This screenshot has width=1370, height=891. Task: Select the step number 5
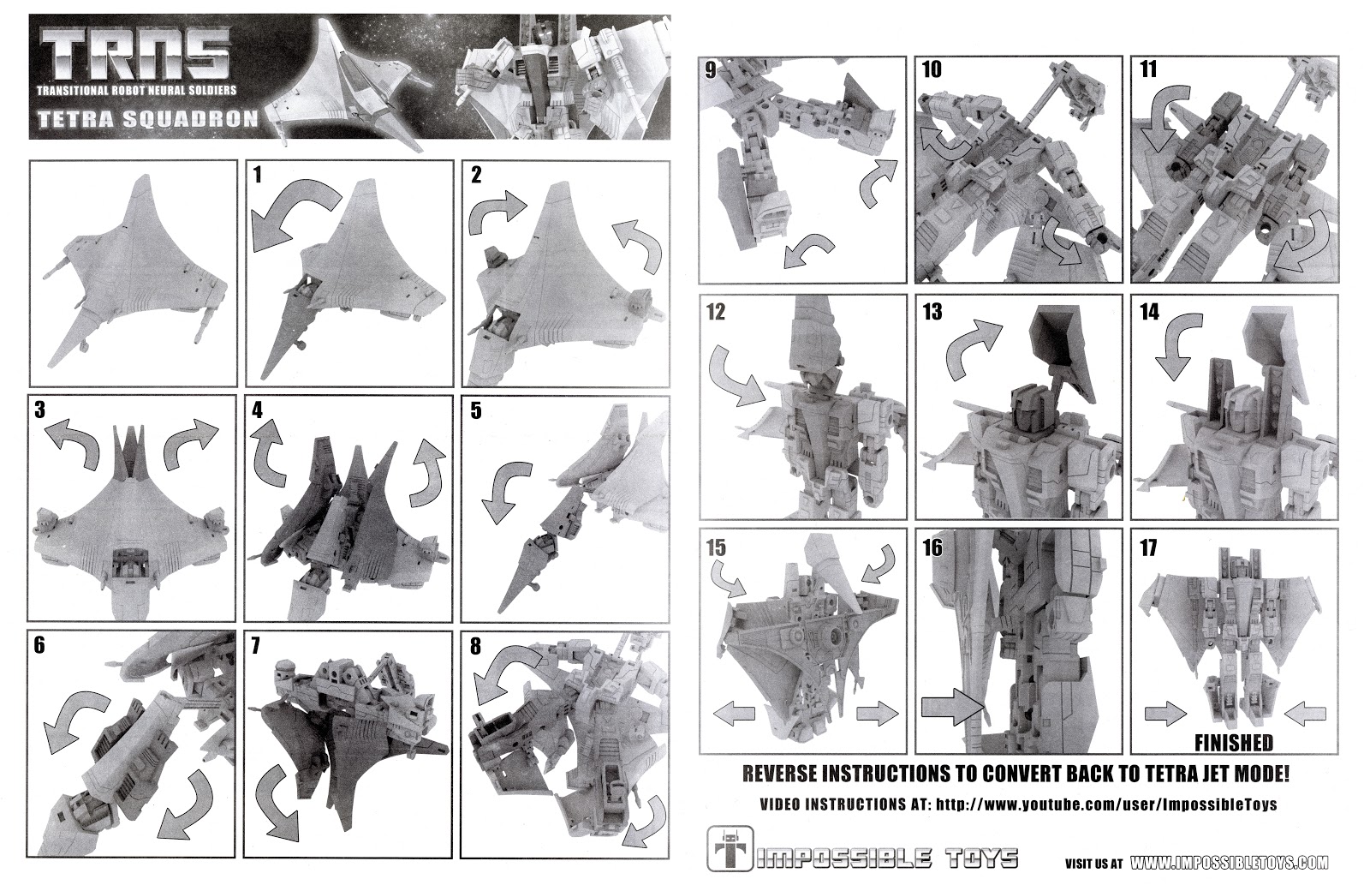tap(476, 410)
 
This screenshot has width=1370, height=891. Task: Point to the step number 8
tap(476, 648)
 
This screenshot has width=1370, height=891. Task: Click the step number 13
tap(932, 312)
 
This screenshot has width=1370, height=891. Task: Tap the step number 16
tap(932, 547)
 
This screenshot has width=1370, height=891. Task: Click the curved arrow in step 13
tap(972, 351)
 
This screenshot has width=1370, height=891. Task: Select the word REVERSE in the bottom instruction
tap(780, 774)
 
